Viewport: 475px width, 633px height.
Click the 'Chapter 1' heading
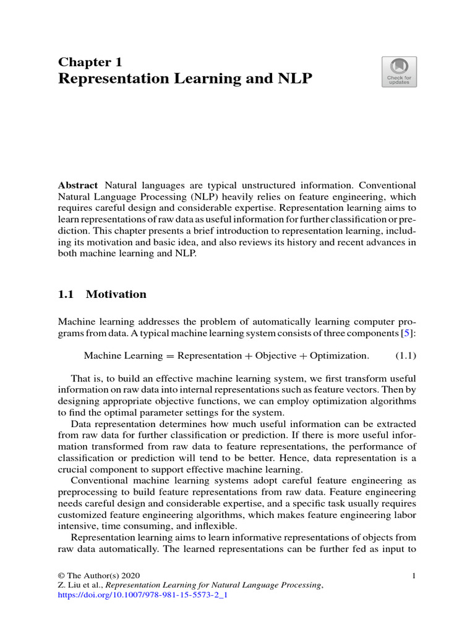point(90,62)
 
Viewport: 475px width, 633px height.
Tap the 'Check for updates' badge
point(399,72)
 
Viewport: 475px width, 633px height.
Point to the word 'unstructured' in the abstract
point(301,185)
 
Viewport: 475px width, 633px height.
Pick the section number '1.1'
point(66,294)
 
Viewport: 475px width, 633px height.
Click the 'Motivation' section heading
point(116,294)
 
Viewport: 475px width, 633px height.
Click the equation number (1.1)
point(405,355)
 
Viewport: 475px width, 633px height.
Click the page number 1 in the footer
point(413,576)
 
